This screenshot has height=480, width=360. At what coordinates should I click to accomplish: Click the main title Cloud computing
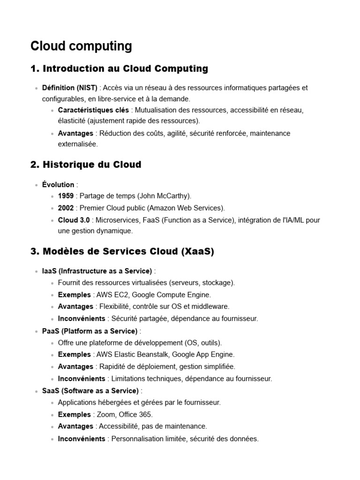81,46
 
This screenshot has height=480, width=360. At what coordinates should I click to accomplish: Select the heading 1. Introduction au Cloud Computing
119,69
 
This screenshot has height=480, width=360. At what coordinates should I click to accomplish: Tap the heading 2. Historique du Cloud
86,165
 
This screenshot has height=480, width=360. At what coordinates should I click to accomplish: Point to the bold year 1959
66,196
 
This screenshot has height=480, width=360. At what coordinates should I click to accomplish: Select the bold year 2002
66,208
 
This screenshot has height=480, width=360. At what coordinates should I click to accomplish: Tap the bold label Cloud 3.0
74,219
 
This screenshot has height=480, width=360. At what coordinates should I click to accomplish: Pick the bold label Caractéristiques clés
93,110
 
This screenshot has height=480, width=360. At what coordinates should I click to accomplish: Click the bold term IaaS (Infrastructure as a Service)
97,271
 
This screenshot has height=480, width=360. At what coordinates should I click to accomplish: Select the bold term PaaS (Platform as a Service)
90,331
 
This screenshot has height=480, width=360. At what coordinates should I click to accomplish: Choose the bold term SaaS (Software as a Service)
90,390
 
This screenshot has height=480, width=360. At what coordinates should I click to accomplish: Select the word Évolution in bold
58,185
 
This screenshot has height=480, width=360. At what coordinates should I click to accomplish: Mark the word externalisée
78,144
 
